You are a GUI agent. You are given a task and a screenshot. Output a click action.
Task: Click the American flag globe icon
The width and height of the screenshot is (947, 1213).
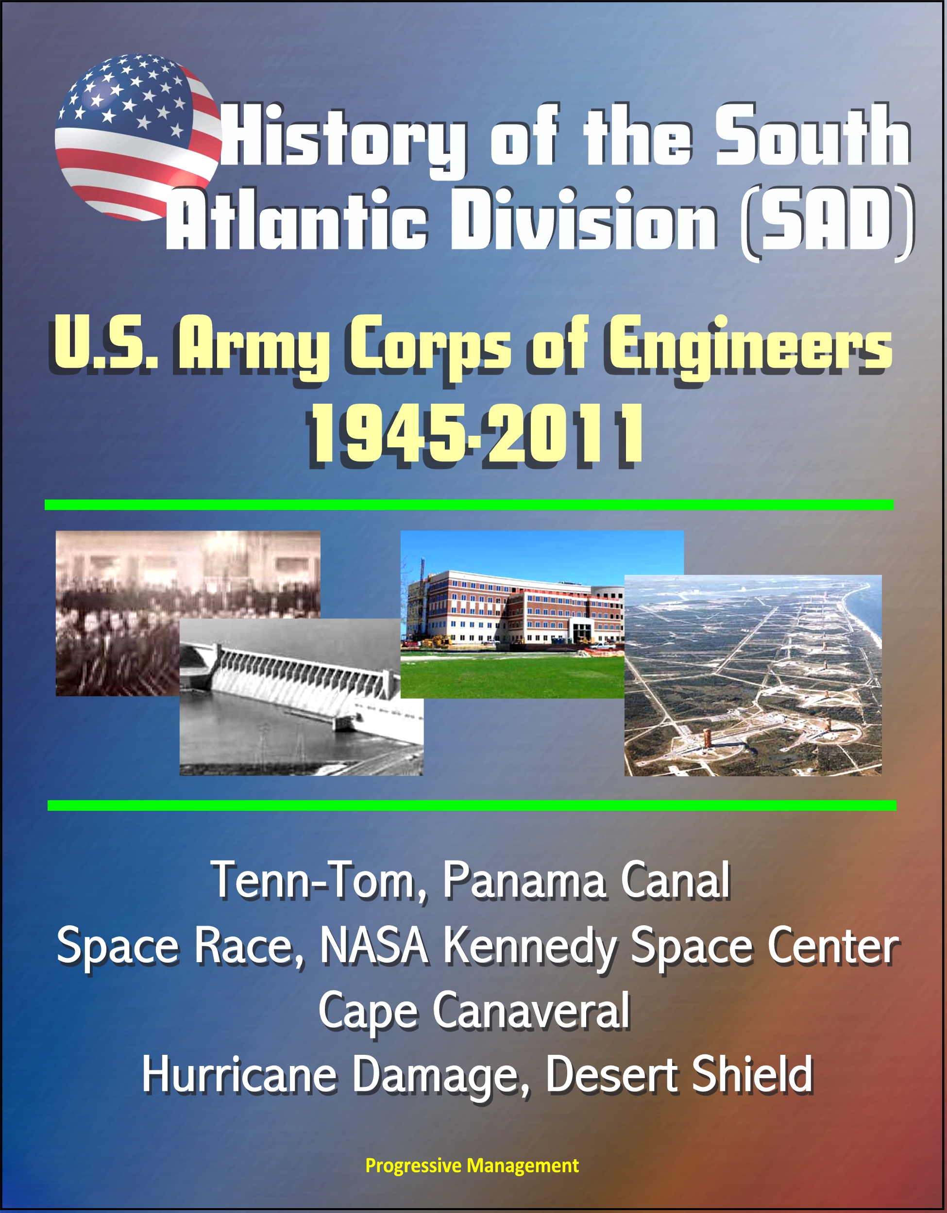(x=138, y=137)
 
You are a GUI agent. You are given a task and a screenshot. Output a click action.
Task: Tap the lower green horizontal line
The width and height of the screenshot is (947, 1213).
(x=472, y=805)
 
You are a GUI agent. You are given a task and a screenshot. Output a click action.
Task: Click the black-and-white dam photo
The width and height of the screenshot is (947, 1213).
(x=301, y=697)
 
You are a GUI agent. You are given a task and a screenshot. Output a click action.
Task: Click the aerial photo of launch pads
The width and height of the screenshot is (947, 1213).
(x=753, y=675)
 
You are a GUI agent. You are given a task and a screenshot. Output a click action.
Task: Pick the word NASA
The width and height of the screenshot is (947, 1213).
(x=373, y=946)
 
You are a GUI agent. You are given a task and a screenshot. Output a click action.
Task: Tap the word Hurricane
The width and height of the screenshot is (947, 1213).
(x=239, y=1075)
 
